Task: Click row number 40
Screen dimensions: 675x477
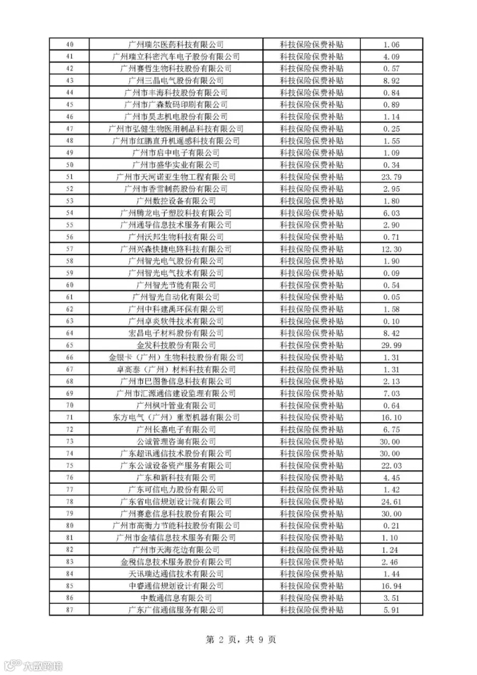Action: click(69, 45)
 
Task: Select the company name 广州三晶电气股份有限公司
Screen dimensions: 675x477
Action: click(176, 81)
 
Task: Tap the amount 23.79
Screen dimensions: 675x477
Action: click(391, 177)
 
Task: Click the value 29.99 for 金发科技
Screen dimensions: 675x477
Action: click(391, 345)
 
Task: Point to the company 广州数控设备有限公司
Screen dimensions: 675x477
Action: click(176, 201)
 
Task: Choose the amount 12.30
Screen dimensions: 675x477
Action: click(391, 249)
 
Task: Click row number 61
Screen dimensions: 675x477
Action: click(69, 297)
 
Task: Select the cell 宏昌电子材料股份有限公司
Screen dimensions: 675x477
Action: click(176, 333)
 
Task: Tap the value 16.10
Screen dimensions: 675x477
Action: click(391, 417)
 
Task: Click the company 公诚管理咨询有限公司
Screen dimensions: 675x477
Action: click(176, 442)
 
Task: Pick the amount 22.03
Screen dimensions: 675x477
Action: click(391, 466)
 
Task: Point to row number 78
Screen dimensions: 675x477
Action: click(69, 502)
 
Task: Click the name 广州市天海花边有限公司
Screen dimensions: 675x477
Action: click(176, 550)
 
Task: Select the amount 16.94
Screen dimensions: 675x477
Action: click(391, 586)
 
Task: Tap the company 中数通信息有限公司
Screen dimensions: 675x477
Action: click(176, 598)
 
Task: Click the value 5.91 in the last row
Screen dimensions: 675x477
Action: click(391, 610)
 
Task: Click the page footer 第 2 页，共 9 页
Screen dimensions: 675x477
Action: click(241, 639)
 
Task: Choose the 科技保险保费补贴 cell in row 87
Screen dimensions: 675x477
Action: click(312, 610)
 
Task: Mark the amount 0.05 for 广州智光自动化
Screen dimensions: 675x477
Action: click(391, 297)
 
